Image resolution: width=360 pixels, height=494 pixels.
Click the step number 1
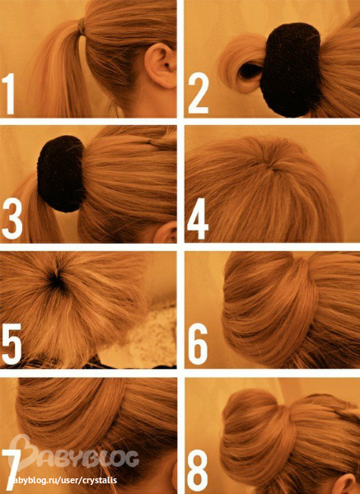[x=9, y=94]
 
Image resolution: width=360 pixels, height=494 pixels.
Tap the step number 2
[x=198, y=94]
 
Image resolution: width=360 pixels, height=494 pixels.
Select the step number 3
[x=12, y=219]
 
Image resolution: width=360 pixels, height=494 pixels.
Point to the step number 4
[x=198, y=219]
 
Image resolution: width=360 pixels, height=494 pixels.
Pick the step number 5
[x=12, y=344]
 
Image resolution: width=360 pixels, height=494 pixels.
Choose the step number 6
[x=198, y=344]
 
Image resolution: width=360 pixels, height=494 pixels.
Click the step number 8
[x=198, y=470]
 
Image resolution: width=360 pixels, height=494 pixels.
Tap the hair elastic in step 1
[x=82, y=26]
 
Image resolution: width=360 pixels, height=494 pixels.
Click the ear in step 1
[x=160, y=66]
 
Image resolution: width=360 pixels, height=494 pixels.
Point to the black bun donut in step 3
[x=61, y=173]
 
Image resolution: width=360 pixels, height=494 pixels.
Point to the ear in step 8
[x=344, y=482]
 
